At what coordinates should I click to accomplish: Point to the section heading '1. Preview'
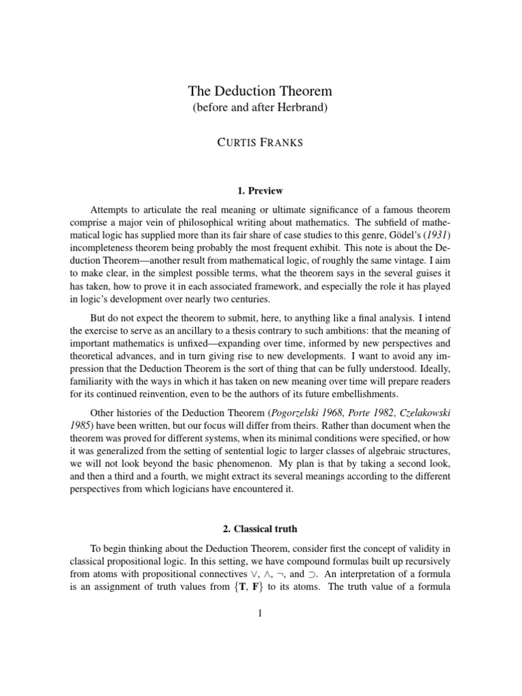tap(260, 190)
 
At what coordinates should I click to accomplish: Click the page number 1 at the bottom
tap(260, 614)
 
